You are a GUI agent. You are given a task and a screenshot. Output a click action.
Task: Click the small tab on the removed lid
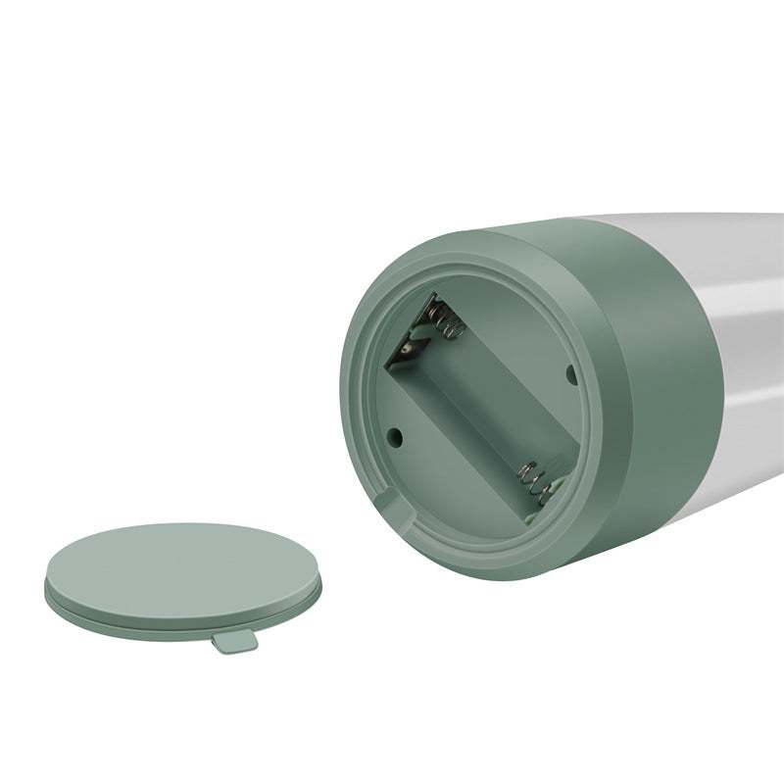click(x=232, y=640)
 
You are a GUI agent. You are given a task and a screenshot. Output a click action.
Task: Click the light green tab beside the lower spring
click(x=537, y=510)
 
